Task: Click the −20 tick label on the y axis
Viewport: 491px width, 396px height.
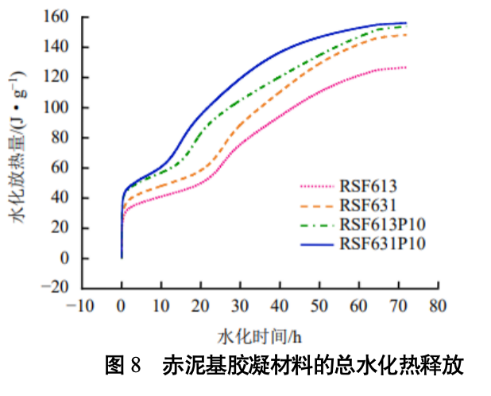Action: tap(60, 289)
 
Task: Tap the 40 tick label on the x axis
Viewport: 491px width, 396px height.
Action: tap(279, 306)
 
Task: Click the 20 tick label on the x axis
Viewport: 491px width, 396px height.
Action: tap(200, 306)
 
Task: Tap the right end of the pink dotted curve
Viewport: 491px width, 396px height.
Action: tap(406, 68)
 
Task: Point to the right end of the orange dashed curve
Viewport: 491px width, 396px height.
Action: tap(406, 35)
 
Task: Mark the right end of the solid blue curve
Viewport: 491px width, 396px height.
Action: tap(406, 23)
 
